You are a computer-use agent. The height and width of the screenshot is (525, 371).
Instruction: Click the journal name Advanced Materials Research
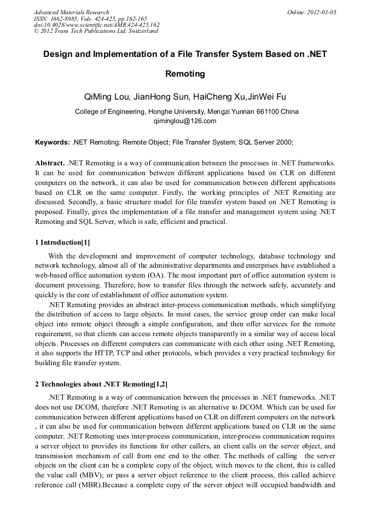coord(71,12)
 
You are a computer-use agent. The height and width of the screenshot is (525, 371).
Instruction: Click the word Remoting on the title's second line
coord(185,73)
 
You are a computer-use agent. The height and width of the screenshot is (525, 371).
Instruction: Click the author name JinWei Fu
coord(266,97)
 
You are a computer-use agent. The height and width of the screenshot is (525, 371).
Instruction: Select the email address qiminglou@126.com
coord(185,121)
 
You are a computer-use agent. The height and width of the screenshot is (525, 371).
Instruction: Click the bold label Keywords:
coord(53,142)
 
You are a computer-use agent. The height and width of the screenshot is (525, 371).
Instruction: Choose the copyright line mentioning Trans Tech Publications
coord(96,31)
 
